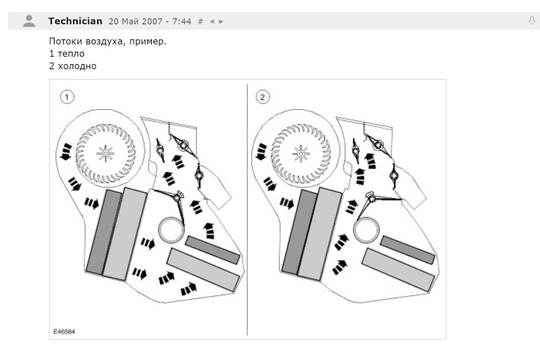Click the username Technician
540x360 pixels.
tap(75, 21)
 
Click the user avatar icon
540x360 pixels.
tap(29, 21)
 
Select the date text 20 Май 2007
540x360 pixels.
tap(136, 21)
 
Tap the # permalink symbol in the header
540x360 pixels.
tap(200, 21)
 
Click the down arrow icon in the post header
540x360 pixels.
tap(532, 21)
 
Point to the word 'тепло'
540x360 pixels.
tap(71, 54)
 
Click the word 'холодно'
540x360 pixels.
tap(77, 66)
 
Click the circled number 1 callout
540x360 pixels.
tap(67, 97)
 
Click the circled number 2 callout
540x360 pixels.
tap(263, 97)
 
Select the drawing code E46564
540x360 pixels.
tap(64, 331)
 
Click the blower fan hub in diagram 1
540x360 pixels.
tap(105, 154)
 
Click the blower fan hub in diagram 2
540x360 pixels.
tap(300, 154)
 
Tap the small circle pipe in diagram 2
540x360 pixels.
tap(366, 229)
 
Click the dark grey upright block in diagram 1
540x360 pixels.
tap(103, 231)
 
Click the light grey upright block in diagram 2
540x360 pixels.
tap(319, 234)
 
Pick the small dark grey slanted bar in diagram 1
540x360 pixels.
tap(213, 250)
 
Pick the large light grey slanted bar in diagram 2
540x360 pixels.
tap(398, 270)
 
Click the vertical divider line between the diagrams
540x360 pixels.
tap(247, 209)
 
